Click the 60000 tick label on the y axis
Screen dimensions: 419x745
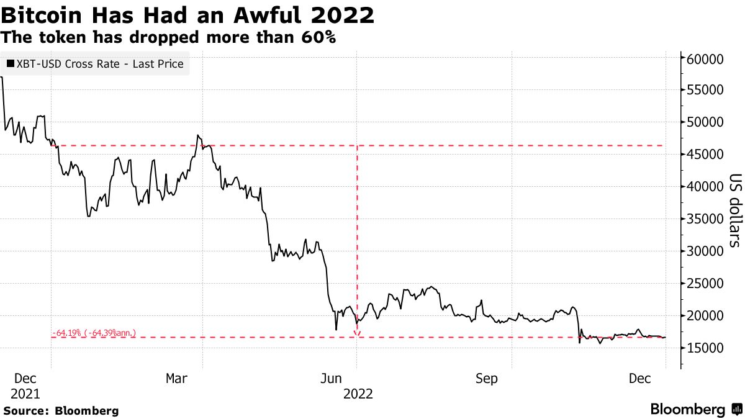(707, 59)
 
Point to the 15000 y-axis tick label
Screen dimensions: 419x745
(707, 348)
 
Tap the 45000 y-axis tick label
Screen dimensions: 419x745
(707, 154)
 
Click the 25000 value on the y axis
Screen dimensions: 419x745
(707, 283)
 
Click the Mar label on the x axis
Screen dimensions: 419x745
(178, 379)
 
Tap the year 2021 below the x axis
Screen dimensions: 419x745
(25, 394)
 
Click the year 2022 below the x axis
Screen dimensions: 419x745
(358, 394)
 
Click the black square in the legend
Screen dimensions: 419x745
(10, 64)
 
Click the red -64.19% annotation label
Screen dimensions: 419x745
(94, 333)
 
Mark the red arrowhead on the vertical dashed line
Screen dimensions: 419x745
(357, 335)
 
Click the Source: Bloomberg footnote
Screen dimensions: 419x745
(61, 410)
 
